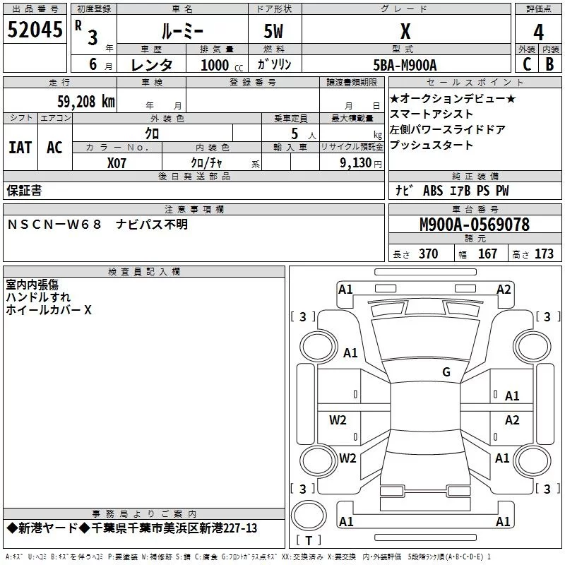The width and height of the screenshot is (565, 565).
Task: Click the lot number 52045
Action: click(x=35, y=30)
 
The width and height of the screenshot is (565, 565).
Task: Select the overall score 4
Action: click(x=538, y=32)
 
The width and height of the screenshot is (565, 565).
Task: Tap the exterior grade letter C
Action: click(x=527, y=64)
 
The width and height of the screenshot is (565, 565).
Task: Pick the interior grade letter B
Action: click(x=549, y=64)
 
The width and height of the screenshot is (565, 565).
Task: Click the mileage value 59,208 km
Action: click(x=86, y=102)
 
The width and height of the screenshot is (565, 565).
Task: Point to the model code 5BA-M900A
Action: click(x=405, y=65)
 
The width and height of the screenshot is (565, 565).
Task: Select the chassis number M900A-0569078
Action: click(x=475, y=225)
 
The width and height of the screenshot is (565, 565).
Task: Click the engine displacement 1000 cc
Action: click(x=222, y=65)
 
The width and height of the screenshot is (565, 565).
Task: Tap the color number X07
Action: click(x=117, y=163)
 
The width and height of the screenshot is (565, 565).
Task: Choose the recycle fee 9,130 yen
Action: click(x=361, y=163)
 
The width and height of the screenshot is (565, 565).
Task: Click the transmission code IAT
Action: click(x=20, y=148)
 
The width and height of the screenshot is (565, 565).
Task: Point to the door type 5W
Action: click(x=273, y=31)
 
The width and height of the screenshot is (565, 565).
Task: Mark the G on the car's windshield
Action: click(x=446, y=371)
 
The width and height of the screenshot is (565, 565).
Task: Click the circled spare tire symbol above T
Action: click(x=309, y=516)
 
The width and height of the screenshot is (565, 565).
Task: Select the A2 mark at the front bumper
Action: click(x=504, y=290)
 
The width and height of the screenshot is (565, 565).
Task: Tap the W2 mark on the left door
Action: click(x=338, y=420)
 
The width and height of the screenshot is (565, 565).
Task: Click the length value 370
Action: click(x=428, y=254)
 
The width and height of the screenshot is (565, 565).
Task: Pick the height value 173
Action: click(x=544, y=254)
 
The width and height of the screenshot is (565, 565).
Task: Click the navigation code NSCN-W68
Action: click(x=55, y=225)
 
